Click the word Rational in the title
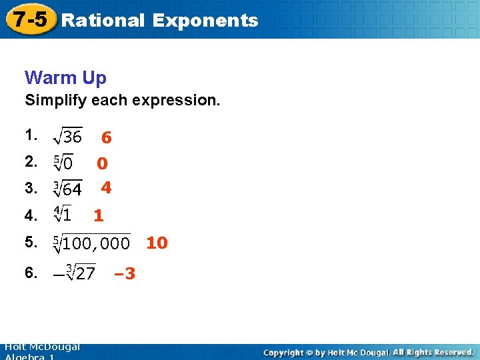click(102, 20)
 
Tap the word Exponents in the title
click(205, 20)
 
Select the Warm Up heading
click(65, 78)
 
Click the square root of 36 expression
click(67, 137)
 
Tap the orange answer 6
click(106, 138)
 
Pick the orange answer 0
click(102, 163)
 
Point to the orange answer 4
click(106, 189)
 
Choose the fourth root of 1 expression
click(63, 215)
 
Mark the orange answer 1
click(99, 215)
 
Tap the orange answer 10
click(157, 243)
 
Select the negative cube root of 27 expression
click(74, 273)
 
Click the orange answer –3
click(124, 273)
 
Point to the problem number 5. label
click(31, 241)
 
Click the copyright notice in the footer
click(368, 352)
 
